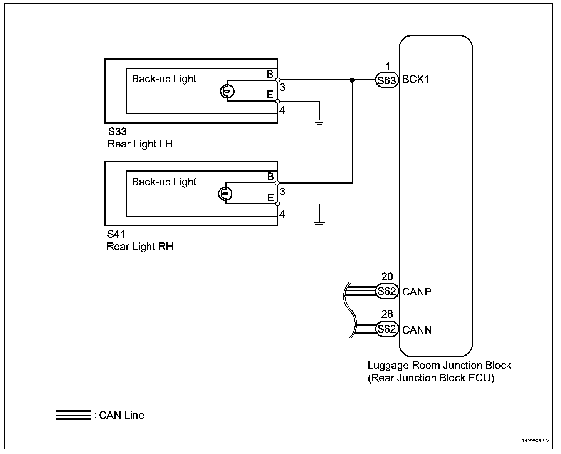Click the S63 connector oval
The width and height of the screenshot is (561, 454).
point(387,80)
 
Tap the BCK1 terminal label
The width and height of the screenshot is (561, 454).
point(416,80)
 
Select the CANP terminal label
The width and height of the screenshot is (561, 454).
point(417,292)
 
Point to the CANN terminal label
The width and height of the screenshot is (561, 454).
point(417,330)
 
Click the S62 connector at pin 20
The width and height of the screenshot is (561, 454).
point(387,291)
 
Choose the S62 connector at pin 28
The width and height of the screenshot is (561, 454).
point(387,329)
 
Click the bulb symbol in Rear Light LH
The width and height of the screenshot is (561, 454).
point(227,91)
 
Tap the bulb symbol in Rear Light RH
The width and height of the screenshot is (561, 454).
point(225,193)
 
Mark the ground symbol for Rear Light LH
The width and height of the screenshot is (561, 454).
point(319,123)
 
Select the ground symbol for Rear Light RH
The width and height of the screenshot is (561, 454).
point(319,225)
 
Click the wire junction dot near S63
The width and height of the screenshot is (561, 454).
point(352,80)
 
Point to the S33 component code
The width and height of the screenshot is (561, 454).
point(117,132)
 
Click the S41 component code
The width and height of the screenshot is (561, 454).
point(116,234)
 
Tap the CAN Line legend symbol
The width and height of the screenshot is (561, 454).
point(73,415)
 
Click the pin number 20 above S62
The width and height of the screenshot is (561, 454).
point(387,277)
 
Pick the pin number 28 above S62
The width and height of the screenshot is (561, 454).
point(387,314)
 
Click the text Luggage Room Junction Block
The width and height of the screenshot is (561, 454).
point(439,365)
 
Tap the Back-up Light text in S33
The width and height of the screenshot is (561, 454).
point(164,79)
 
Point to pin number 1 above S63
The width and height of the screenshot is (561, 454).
point(387,67)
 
